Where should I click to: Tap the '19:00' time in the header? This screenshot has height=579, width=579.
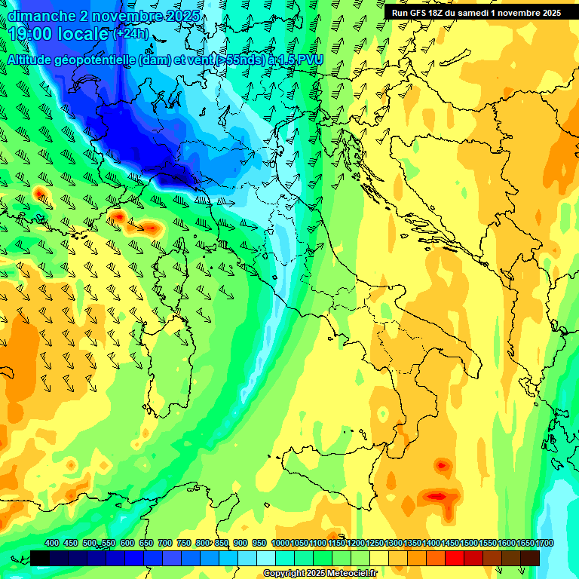(x=32, y=35)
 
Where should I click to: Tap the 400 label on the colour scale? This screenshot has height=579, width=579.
(x=52, y=544)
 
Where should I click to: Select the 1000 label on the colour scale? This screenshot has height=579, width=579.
(x=280, y=544)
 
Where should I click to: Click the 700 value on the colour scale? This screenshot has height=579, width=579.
(x=164, y=544)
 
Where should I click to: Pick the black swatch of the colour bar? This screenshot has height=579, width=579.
(x=40, y=558)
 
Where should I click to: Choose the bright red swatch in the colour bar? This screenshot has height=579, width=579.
(x=455, y=558)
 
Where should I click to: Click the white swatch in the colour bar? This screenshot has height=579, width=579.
(x=266, y=558)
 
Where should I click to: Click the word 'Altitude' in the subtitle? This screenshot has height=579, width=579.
(x=35, y=59)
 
